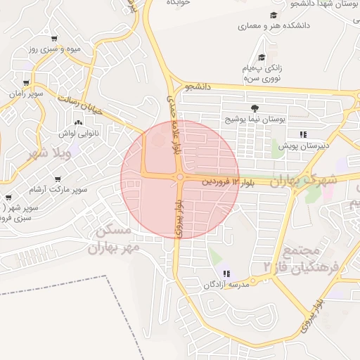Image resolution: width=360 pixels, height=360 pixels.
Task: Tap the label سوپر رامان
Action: [x=27, y=94]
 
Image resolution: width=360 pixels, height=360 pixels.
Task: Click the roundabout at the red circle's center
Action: [x=180, y=177]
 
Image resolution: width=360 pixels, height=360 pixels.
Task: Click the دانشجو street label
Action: [x=198, y=87]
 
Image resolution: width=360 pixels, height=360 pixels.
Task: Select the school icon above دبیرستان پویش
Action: [x=302, y=134]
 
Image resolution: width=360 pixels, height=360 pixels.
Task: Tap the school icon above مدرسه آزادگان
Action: [x=226, y=274]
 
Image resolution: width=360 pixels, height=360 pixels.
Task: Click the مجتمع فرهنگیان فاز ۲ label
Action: [x=302, y=259]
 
